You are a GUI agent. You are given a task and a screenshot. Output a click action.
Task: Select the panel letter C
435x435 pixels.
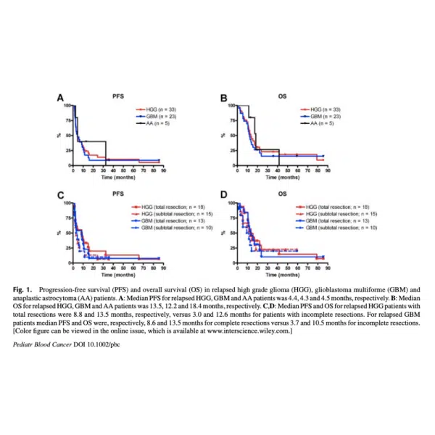(61, 195)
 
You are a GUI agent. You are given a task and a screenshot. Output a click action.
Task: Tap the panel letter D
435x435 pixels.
(224, 195)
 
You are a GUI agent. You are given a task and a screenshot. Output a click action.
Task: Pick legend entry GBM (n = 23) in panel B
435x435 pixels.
(328, 116)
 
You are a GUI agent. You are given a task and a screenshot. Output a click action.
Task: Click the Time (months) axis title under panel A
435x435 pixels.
(116, 176)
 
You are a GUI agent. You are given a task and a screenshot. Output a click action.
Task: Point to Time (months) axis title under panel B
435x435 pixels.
(281, 176)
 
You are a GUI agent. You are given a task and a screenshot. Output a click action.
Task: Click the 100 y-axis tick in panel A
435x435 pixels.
(67, 106)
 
